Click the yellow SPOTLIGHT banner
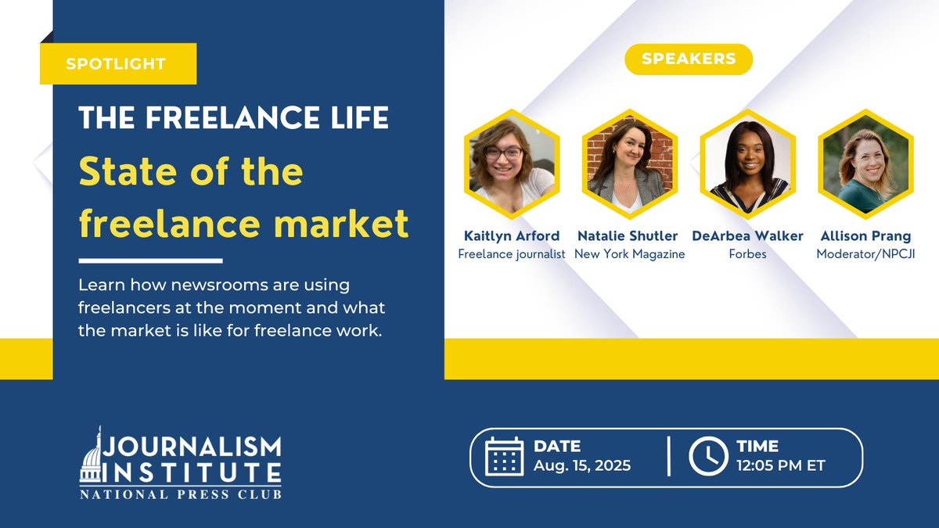[117, 63]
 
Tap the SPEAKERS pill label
[689, 59]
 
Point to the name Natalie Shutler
[629, 235]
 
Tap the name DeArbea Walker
[747, 235]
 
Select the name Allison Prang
[865, 235]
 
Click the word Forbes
[747, 253]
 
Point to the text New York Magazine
[629, 253]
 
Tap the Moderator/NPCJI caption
[865, 253]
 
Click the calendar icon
[504, 457]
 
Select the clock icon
[708, 457]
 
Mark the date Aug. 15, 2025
[581, 466]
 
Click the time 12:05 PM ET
[780, 466]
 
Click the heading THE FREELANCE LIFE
[233, 117]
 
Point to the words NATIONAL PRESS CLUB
[180, 494]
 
